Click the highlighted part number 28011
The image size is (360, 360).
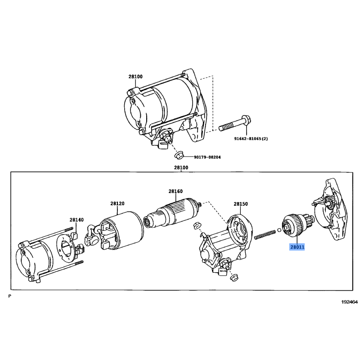pyautogui.click(x=297, y=247)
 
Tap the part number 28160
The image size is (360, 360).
pyautogui.click(x=175, y=191)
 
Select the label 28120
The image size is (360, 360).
pyautogui.click(x=117, y=203)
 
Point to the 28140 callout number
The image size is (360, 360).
pyautogui.click(x=76, y=220)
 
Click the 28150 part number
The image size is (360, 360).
pyautogui.click(x=241, y=204)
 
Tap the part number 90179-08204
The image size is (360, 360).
pyautogui.click(x=207, y=157)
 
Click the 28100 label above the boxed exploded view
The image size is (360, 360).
pyautogui.click(x=181, y=167)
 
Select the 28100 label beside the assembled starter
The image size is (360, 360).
pyautogui.click(x=135, y=76)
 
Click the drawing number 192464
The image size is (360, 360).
pyautogui.click(x=349, y=302)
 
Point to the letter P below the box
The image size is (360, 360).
pyautogui.click(x=10, y=296)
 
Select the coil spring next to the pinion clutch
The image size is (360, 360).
pyautogui.click(x=265, y=234)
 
